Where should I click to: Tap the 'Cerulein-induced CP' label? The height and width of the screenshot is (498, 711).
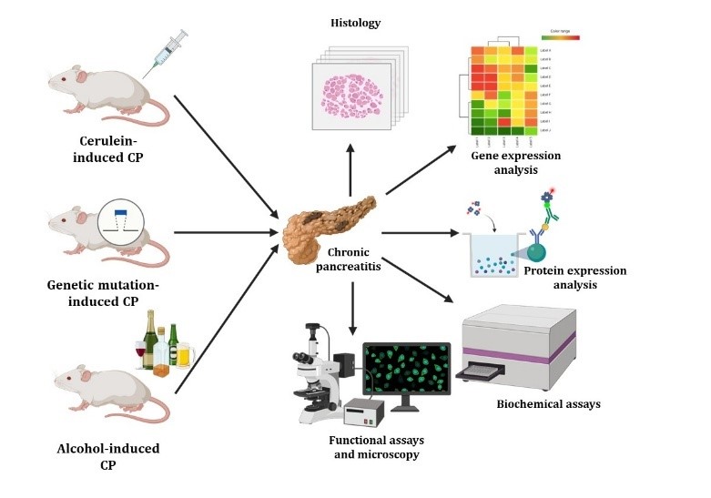click(x=114, y=150)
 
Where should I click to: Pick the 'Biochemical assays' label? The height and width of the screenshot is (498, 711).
click(x=548, y=403)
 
